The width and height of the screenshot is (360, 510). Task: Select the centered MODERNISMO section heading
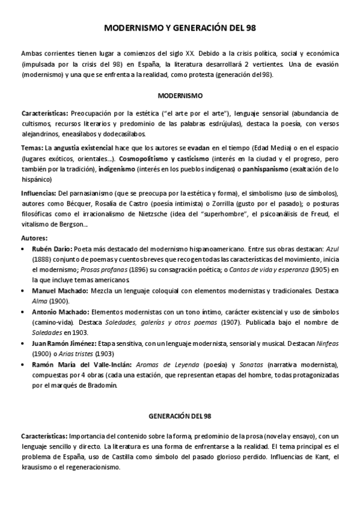pos(180,95)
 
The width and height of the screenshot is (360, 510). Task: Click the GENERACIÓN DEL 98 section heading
pos(180,416)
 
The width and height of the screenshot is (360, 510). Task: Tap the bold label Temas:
pos(32,147)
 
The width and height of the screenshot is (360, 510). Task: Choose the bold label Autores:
pos(33,237)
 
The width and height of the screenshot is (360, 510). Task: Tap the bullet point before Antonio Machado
pos(23,312)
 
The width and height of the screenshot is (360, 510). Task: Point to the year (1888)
pos(41,259)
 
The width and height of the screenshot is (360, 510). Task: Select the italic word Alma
pos(41,301)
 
